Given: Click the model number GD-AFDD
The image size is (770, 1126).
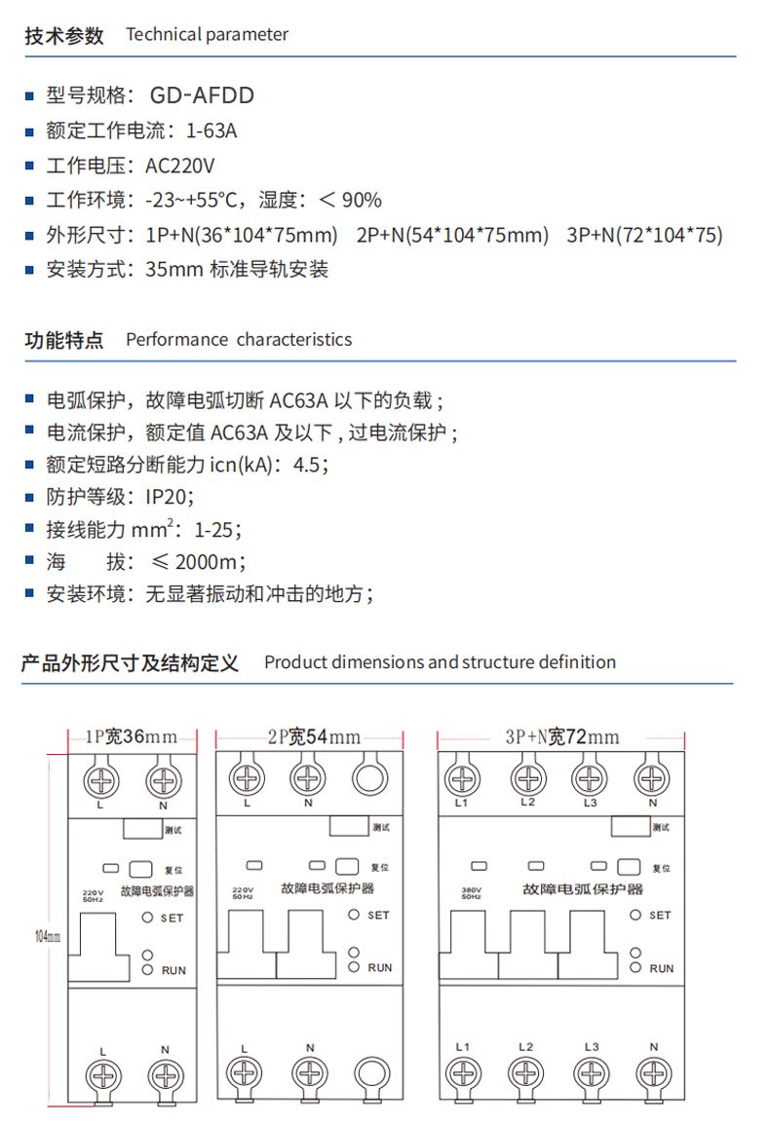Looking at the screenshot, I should click(x=202, y=95).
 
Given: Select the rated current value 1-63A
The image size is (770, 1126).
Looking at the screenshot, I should click(x=211, y=131).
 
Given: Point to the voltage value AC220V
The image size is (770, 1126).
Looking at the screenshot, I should click(x=179, y=166).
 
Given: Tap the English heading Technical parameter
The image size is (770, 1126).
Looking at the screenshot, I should click(x=207, y=35).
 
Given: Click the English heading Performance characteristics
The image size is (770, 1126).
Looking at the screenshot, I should click(x=239, y=340).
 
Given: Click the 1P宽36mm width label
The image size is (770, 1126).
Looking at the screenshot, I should click(x=132, y=737).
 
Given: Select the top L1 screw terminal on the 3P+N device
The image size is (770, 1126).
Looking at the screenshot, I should click(x=463, y=779).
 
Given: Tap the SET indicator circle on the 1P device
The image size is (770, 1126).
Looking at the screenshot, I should click(x=146, y=918).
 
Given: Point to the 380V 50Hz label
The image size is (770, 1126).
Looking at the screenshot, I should click(x=473, y=892).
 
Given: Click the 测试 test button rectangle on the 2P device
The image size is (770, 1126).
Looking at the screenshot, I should click(x=350, y=826).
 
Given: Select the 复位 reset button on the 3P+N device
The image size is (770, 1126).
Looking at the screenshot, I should click(x=628, y=867).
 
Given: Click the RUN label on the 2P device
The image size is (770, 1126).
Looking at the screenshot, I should click(x=380, y=967).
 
